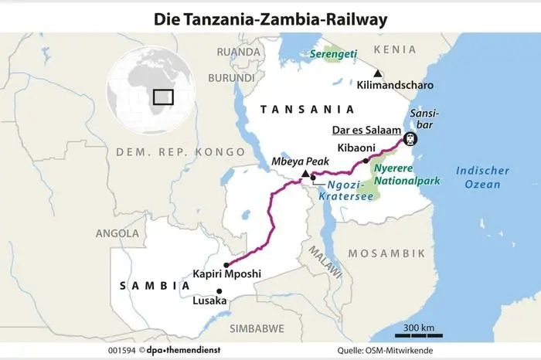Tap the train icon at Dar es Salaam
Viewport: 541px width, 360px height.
point(410,139)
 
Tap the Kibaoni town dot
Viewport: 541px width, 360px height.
point(366,161)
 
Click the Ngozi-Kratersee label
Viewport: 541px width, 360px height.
point(346,191)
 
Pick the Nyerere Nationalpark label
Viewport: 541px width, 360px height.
point(403,175)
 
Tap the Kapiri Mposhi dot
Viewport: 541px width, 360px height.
point(226,264)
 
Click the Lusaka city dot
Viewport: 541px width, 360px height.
point(219,290)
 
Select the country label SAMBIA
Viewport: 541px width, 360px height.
point(155,285)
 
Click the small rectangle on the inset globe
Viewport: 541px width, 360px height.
point(163,97)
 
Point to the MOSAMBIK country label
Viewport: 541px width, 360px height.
point(386,253)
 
